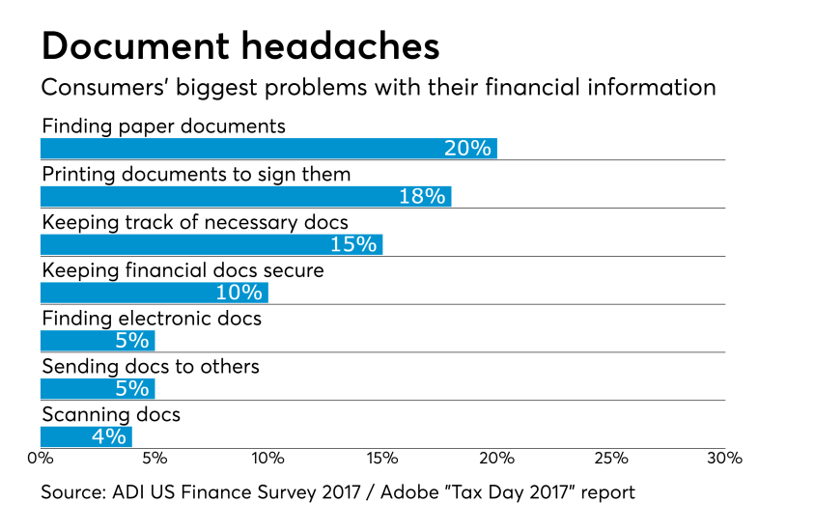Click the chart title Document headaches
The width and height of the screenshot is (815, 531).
[x=240, y=45]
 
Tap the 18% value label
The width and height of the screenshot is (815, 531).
[x=423, y=196]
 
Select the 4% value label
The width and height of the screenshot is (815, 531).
[x=109, y=436]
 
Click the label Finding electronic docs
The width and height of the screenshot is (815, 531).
[x=152, y=318]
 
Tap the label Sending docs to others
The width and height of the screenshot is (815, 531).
[x=151, y=366]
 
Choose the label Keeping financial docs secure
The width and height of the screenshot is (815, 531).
[x=183, y=270]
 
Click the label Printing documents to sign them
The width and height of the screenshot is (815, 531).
[x=196, y=174]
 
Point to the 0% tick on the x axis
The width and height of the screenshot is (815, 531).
[x=41, y=458]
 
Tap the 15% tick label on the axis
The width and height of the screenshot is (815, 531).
[x=382, y=458]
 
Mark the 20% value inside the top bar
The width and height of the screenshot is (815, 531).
[x=468, y=149]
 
